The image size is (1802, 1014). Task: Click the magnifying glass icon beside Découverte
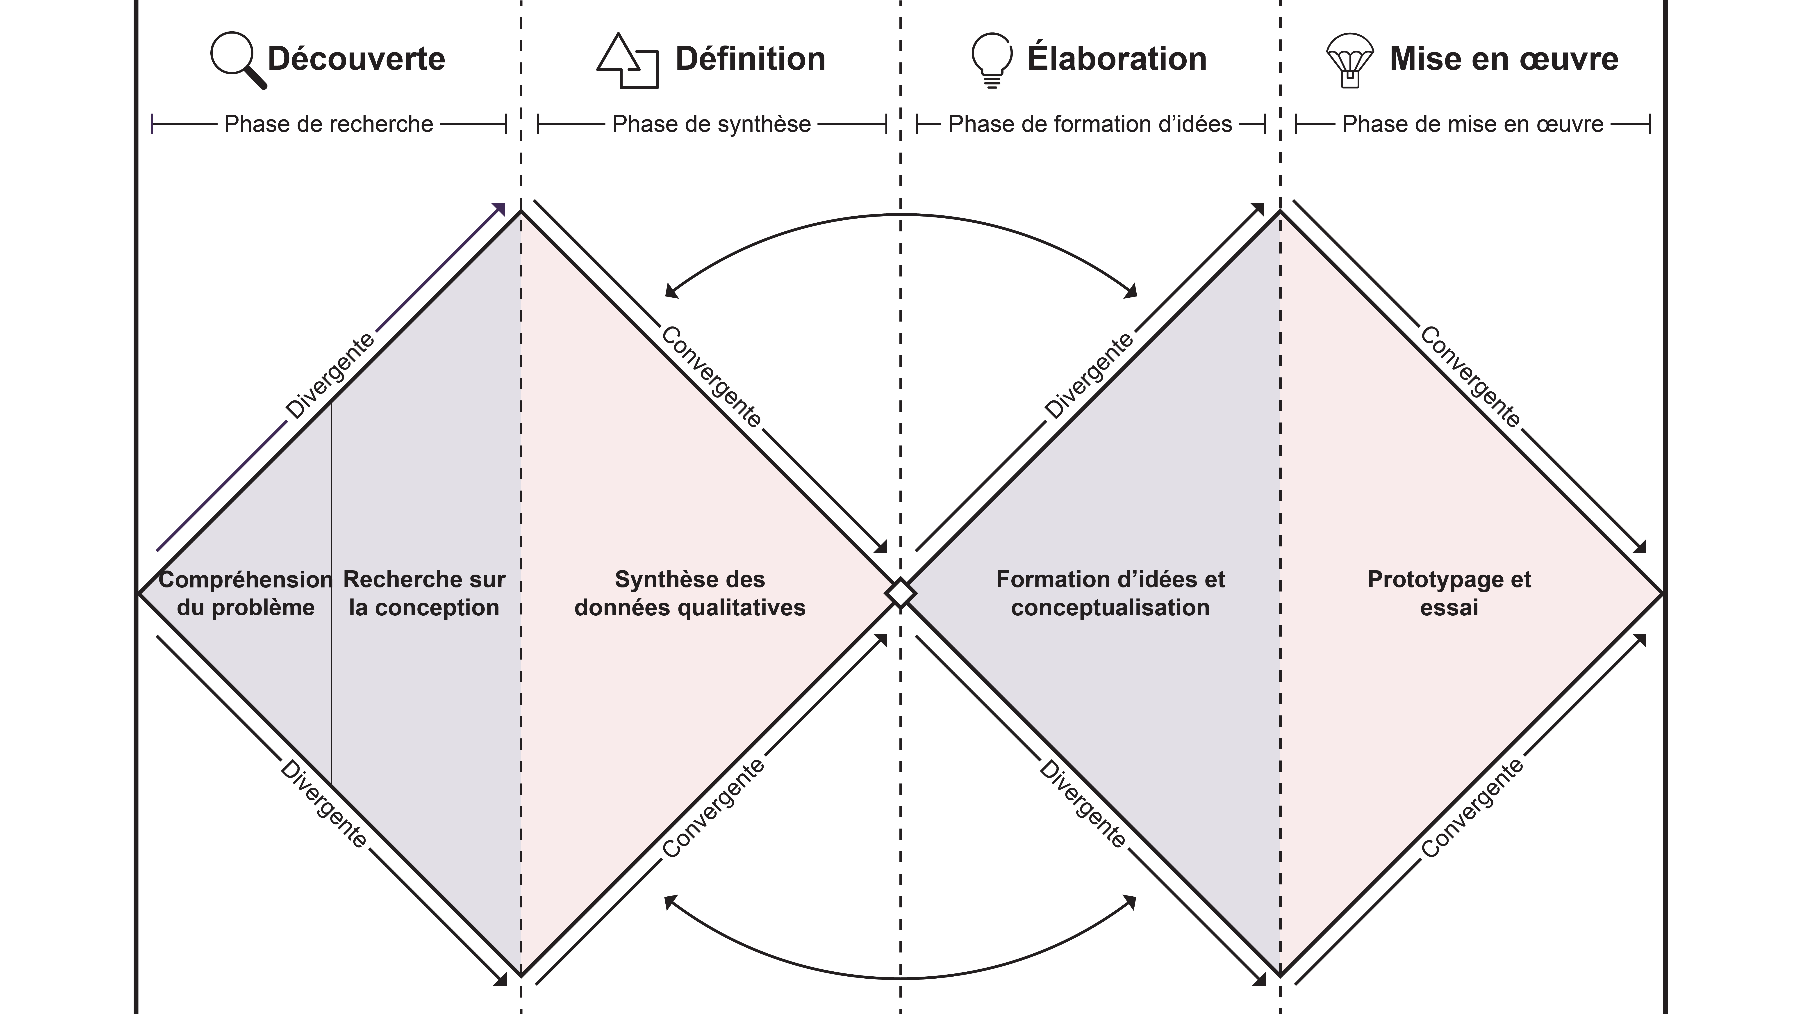tap(238, 59)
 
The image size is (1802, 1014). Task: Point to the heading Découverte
tap(356, 59)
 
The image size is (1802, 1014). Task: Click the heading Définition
tap(750, 59)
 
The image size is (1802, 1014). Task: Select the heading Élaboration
tap(1117, 59)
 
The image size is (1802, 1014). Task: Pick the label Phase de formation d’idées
tap(1090, 125)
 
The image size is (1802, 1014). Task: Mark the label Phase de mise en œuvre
tap(1472, 125)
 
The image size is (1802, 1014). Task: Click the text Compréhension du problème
tap(246, 594)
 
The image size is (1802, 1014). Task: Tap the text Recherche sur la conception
tap(424, 594)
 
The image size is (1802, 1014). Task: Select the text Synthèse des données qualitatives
tap(690, 594)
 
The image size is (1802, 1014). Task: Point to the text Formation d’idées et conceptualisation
tap(1110, 594)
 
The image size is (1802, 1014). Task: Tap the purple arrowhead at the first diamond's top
tap(499, 209)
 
